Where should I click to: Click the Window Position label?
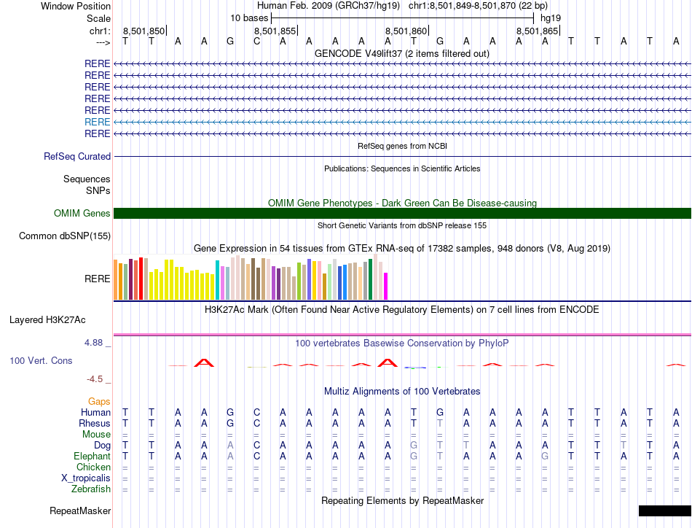76,6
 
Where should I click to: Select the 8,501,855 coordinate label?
275,31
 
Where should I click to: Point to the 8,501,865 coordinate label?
537,31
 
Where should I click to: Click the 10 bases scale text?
249,17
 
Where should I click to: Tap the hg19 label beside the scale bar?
551,17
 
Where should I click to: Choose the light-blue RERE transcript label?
97,122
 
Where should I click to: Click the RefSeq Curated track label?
77,156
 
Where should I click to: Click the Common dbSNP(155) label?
65,236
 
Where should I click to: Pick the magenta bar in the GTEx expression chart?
386,285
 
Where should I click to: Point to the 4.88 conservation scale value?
98,343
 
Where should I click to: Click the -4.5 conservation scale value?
100,379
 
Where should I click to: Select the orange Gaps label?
99,401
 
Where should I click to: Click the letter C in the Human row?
256,413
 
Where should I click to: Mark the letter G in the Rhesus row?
230,424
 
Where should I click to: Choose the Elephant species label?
92,457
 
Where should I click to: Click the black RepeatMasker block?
664,510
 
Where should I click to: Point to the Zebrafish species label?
90,489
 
